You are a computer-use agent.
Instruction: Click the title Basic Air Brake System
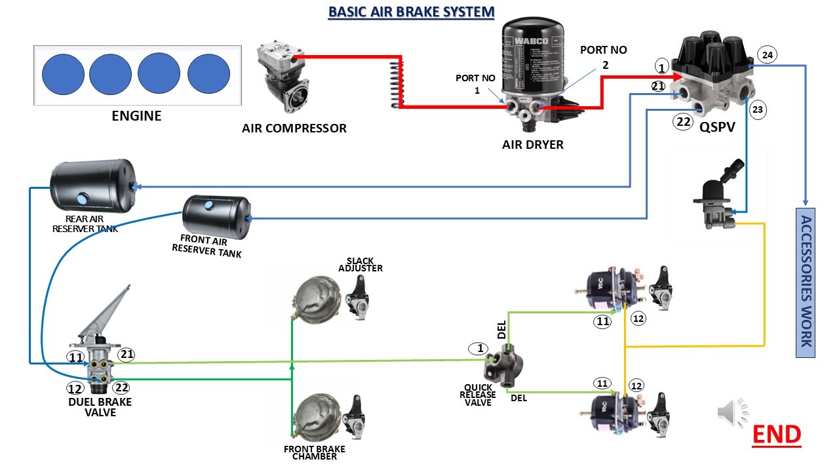tap(411, 12)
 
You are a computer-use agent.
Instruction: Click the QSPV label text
tap(717, 128)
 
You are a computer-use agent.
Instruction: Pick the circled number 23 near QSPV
tap(757, 110)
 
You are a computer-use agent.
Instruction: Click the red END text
tap(776, 434)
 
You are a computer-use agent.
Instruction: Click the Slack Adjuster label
tap(361, 264)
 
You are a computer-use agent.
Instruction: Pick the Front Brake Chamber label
tap(314, 453)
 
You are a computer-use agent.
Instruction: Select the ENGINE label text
tap(136, 116)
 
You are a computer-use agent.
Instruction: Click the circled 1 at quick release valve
tap(479, 349)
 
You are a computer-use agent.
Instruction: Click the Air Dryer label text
tap(532, 144)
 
